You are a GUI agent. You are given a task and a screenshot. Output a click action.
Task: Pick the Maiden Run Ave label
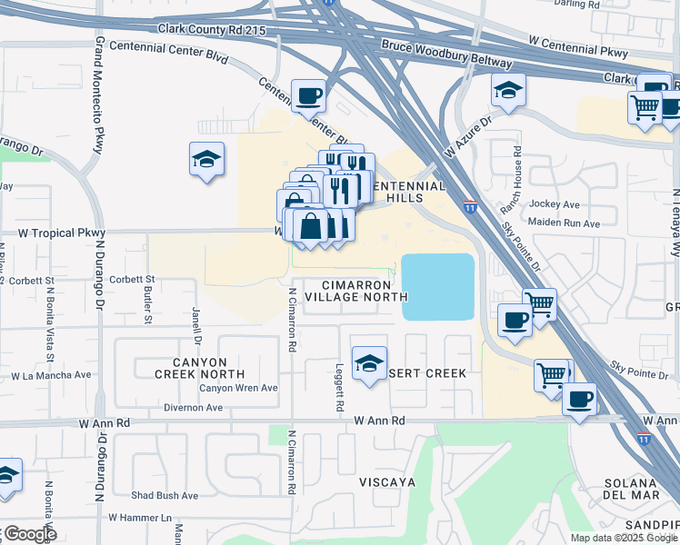[566, 223]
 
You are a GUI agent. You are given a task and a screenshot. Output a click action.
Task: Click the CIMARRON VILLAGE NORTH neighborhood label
[355, 290]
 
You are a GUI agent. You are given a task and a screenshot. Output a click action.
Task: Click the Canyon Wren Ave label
[238, 388]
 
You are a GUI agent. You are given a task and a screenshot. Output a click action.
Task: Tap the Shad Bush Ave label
[164, 496]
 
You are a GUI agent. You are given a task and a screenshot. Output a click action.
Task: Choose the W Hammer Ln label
[140, 518]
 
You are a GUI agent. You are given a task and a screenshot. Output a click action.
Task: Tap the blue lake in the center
[438, 286]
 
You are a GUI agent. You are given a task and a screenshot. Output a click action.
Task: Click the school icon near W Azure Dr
[508, 90]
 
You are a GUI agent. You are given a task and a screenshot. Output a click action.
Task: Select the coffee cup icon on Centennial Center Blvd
[308, 94]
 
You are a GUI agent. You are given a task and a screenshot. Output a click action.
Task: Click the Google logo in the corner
[29, 534]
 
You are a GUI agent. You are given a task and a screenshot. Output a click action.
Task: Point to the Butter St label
[147, 303]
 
